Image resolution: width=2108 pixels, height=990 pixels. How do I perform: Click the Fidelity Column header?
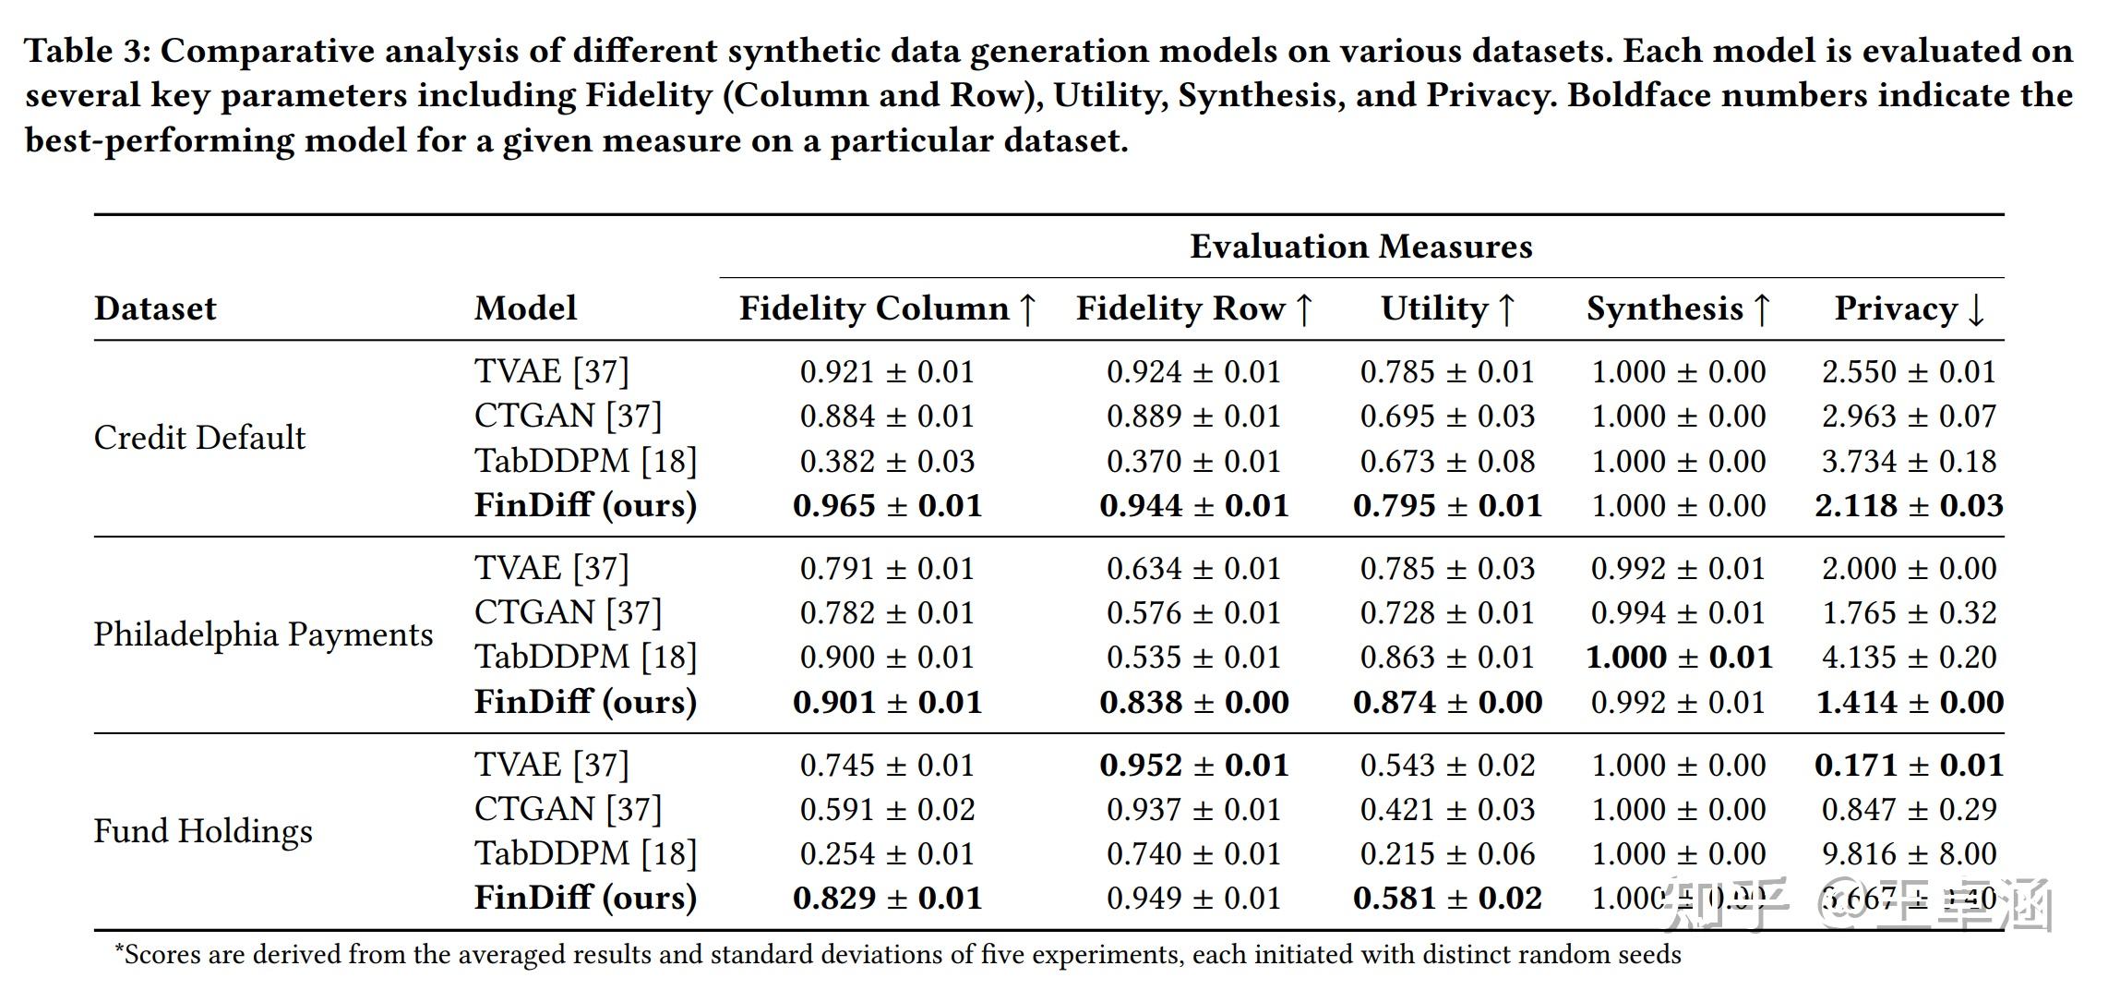tap(887, 308)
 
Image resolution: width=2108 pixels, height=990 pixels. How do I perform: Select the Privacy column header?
tap(1908, 308)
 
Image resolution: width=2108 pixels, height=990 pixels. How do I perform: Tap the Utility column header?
tap(1446, 308)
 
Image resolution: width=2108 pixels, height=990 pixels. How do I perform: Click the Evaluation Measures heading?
tap(1360, 247)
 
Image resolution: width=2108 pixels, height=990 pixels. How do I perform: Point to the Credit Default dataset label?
tap(199, 438)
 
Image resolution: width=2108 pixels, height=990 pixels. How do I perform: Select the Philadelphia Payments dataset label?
tap(263, 634)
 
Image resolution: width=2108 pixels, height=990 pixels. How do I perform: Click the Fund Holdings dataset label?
tap(203, 831)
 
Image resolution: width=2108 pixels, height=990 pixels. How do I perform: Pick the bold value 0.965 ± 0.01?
tap(887, 506)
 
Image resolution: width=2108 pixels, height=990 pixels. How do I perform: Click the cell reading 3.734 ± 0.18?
tap(1908, 461)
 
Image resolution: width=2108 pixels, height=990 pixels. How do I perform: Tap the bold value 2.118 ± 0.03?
tap(1908, 506)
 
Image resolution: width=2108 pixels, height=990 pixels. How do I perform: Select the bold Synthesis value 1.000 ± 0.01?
tap(1679, 658)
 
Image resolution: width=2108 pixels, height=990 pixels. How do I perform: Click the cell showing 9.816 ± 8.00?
tap(1908, 854)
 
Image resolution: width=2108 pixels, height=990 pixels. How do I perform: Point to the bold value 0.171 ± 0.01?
tap(1908, 766)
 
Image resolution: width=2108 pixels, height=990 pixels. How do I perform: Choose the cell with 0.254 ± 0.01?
tap(887, 854)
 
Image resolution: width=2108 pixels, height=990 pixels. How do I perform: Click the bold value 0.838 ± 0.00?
tap(1193, 703)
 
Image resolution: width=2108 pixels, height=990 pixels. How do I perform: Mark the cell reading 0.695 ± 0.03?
tap(1446, 417)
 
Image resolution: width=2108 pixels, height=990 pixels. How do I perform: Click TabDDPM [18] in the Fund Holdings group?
tap(585, 853)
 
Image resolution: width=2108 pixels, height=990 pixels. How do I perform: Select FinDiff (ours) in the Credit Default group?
tap(585, 505)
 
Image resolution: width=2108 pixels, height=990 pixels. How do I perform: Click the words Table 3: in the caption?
tap(87, 51)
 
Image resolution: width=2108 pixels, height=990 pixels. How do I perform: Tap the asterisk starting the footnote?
tap(119, 952)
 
